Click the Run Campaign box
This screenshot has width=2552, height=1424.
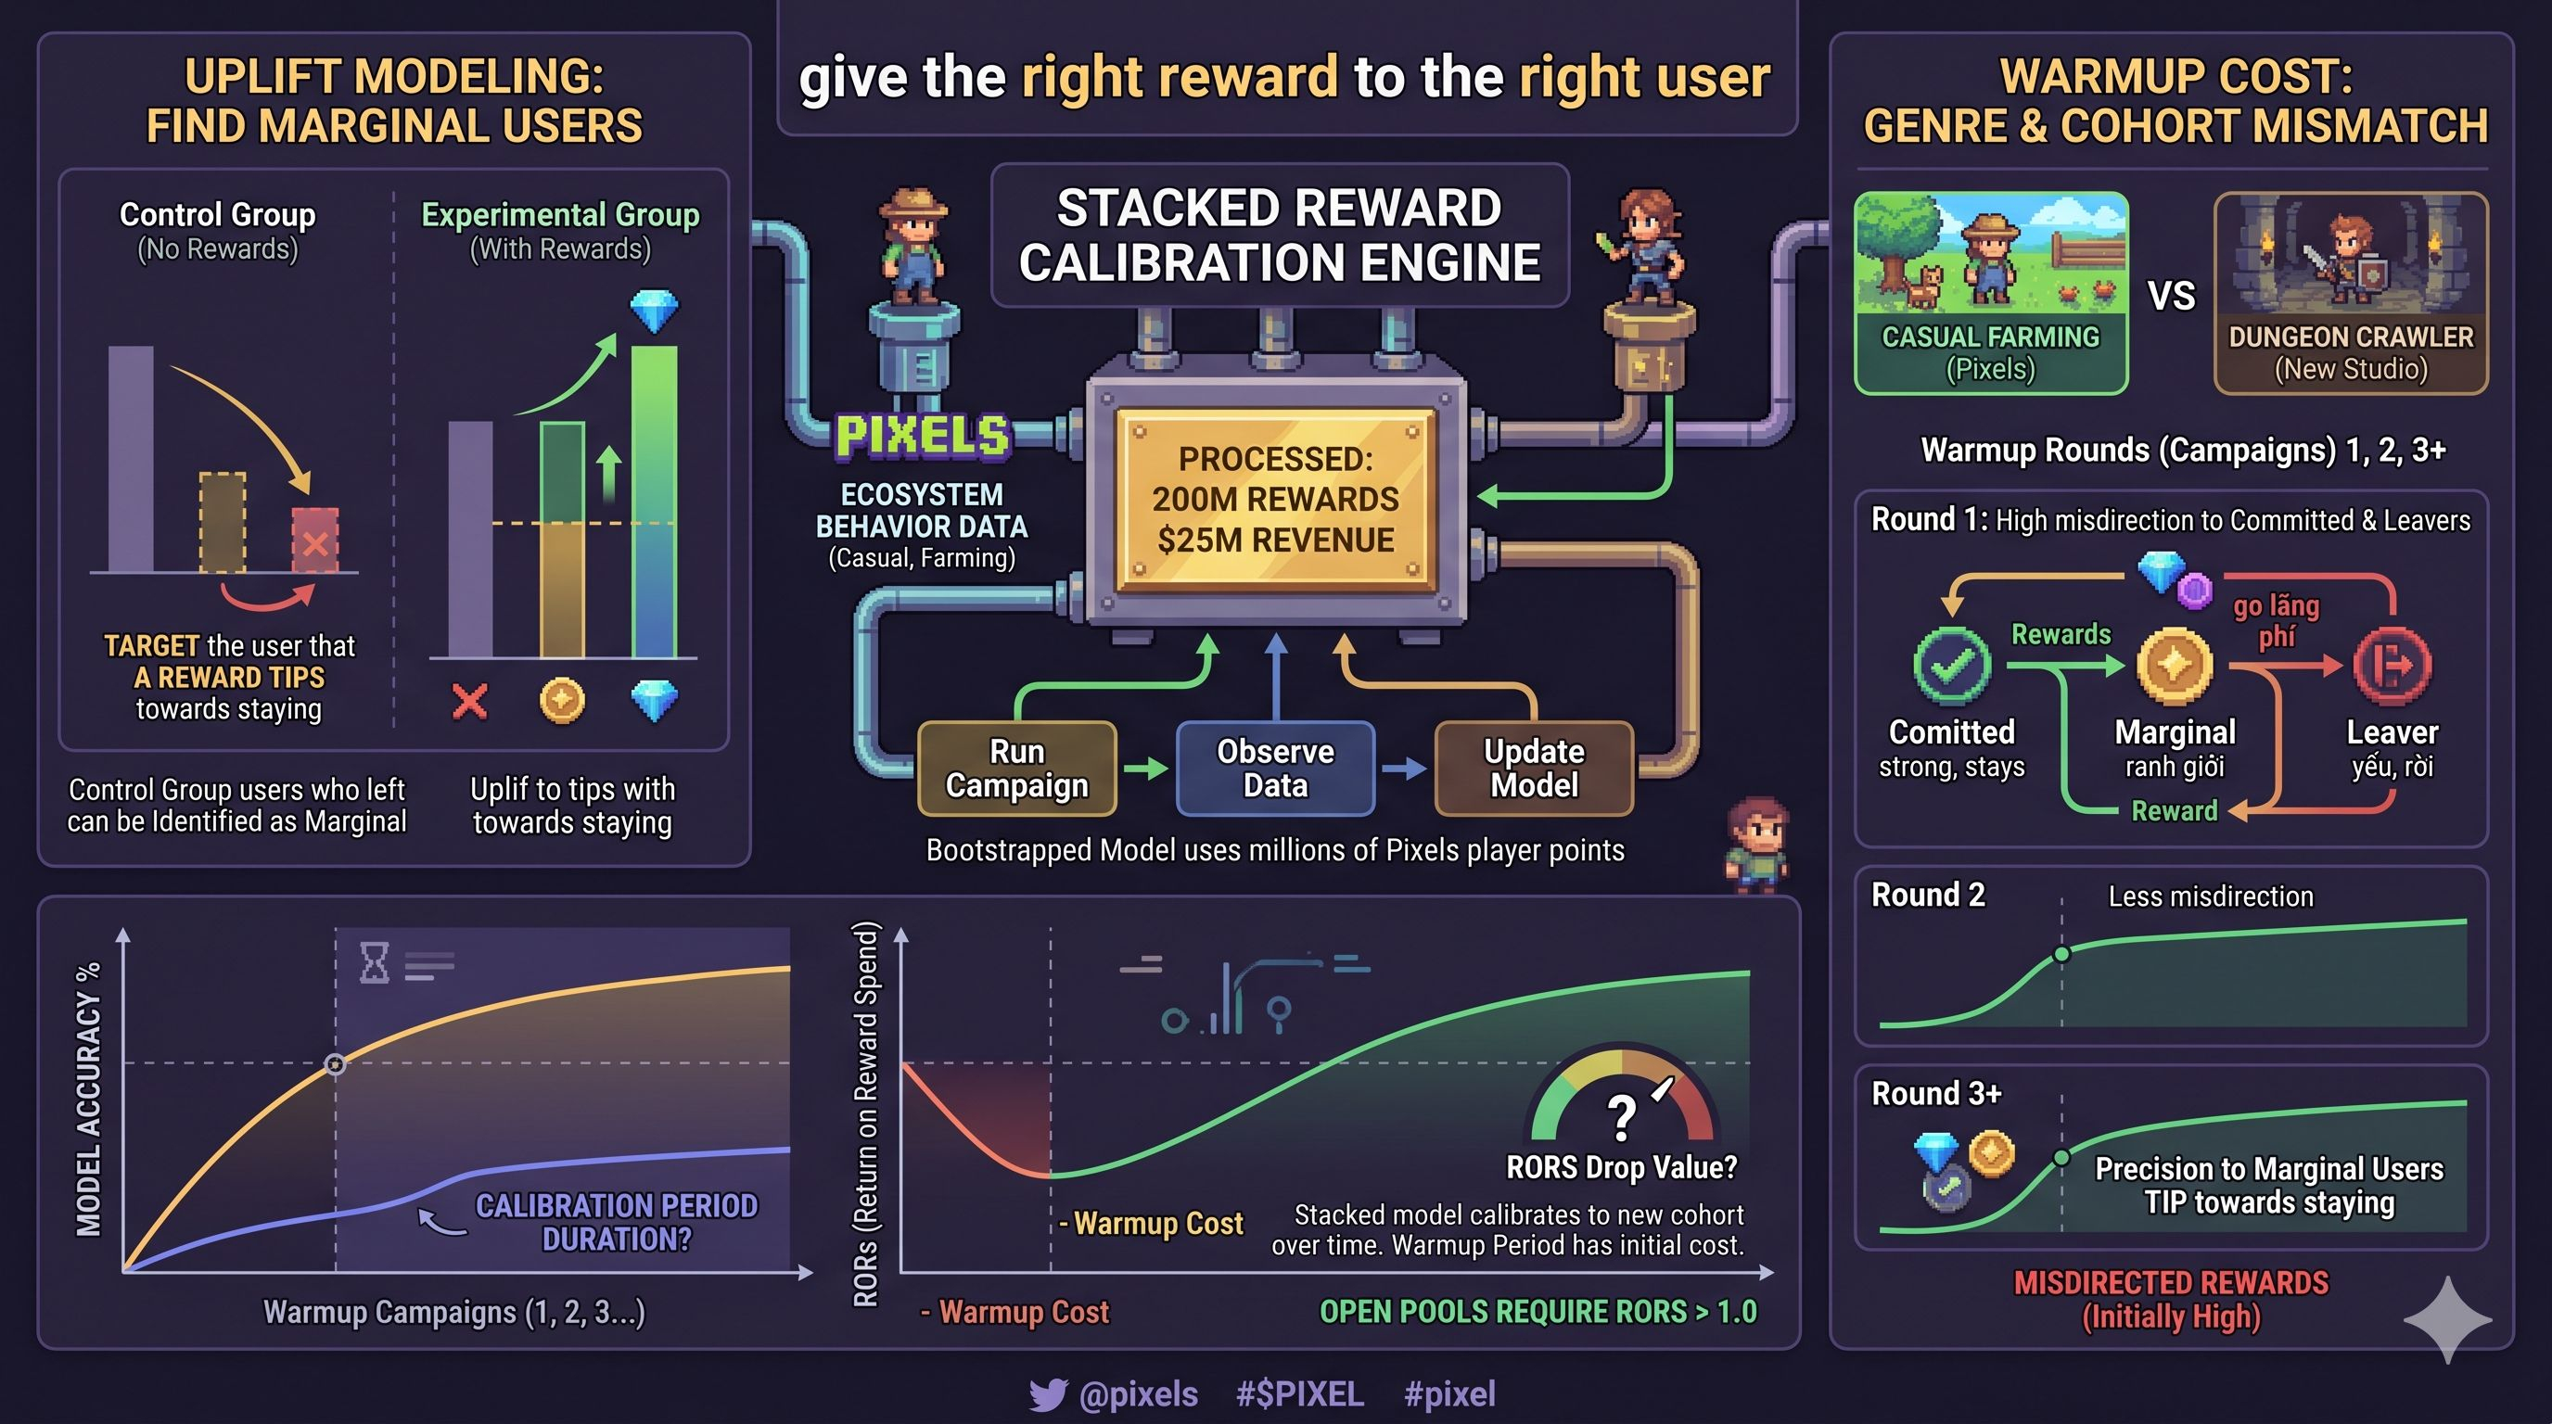[x=1017, y=769]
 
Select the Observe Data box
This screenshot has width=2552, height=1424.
[x=1276, y=769]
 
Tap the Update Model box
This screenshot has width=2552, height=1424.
[x=1535, y=769]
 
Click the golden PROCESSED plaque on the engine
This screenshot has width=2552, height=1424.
[x=1276, y=499]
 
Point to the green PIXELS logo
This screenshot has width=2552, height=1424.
[x=923, y=436]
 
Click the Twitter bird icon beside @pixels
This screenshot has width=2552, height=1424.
[x=1048, y=1394]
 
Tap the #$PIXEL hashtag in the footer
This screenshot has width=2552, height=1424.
[x=1300, y=1394]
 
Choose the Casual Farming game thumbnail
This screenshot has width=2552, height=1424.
[x=1991, y=293]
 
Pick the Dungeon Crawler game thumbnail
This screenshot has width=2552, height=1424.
[x=2351, y=293]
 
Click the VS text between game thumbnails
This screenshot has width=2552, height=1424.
[x=2172, y=295]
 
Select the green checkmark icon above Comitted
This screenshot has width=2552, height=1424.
[x=1952, y=665]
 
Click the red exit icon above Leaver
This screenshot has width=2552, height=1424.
[x=2392, y=665]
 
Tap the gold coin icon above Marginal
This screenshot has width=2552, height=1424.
[x=2175, y=665]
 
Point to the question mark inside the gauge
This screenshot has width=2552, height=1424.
[x=1621, y=1117]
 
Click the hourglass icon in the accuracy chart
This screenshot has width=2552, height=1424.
[x=375, y=962]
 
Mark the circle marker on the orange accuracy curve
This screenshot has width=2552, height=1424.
[x=336, y=1064]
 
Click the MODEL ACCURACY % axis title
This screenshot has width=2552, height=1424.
[x=89, y=1100]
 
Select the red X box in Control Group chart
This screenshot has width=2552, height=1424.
[x=315, y=540]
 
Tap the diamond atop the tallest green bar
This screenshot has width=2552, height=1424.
[x=655, y=311]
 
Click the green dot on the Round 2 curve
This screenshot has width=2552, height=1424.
[x=2061, y=955]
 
